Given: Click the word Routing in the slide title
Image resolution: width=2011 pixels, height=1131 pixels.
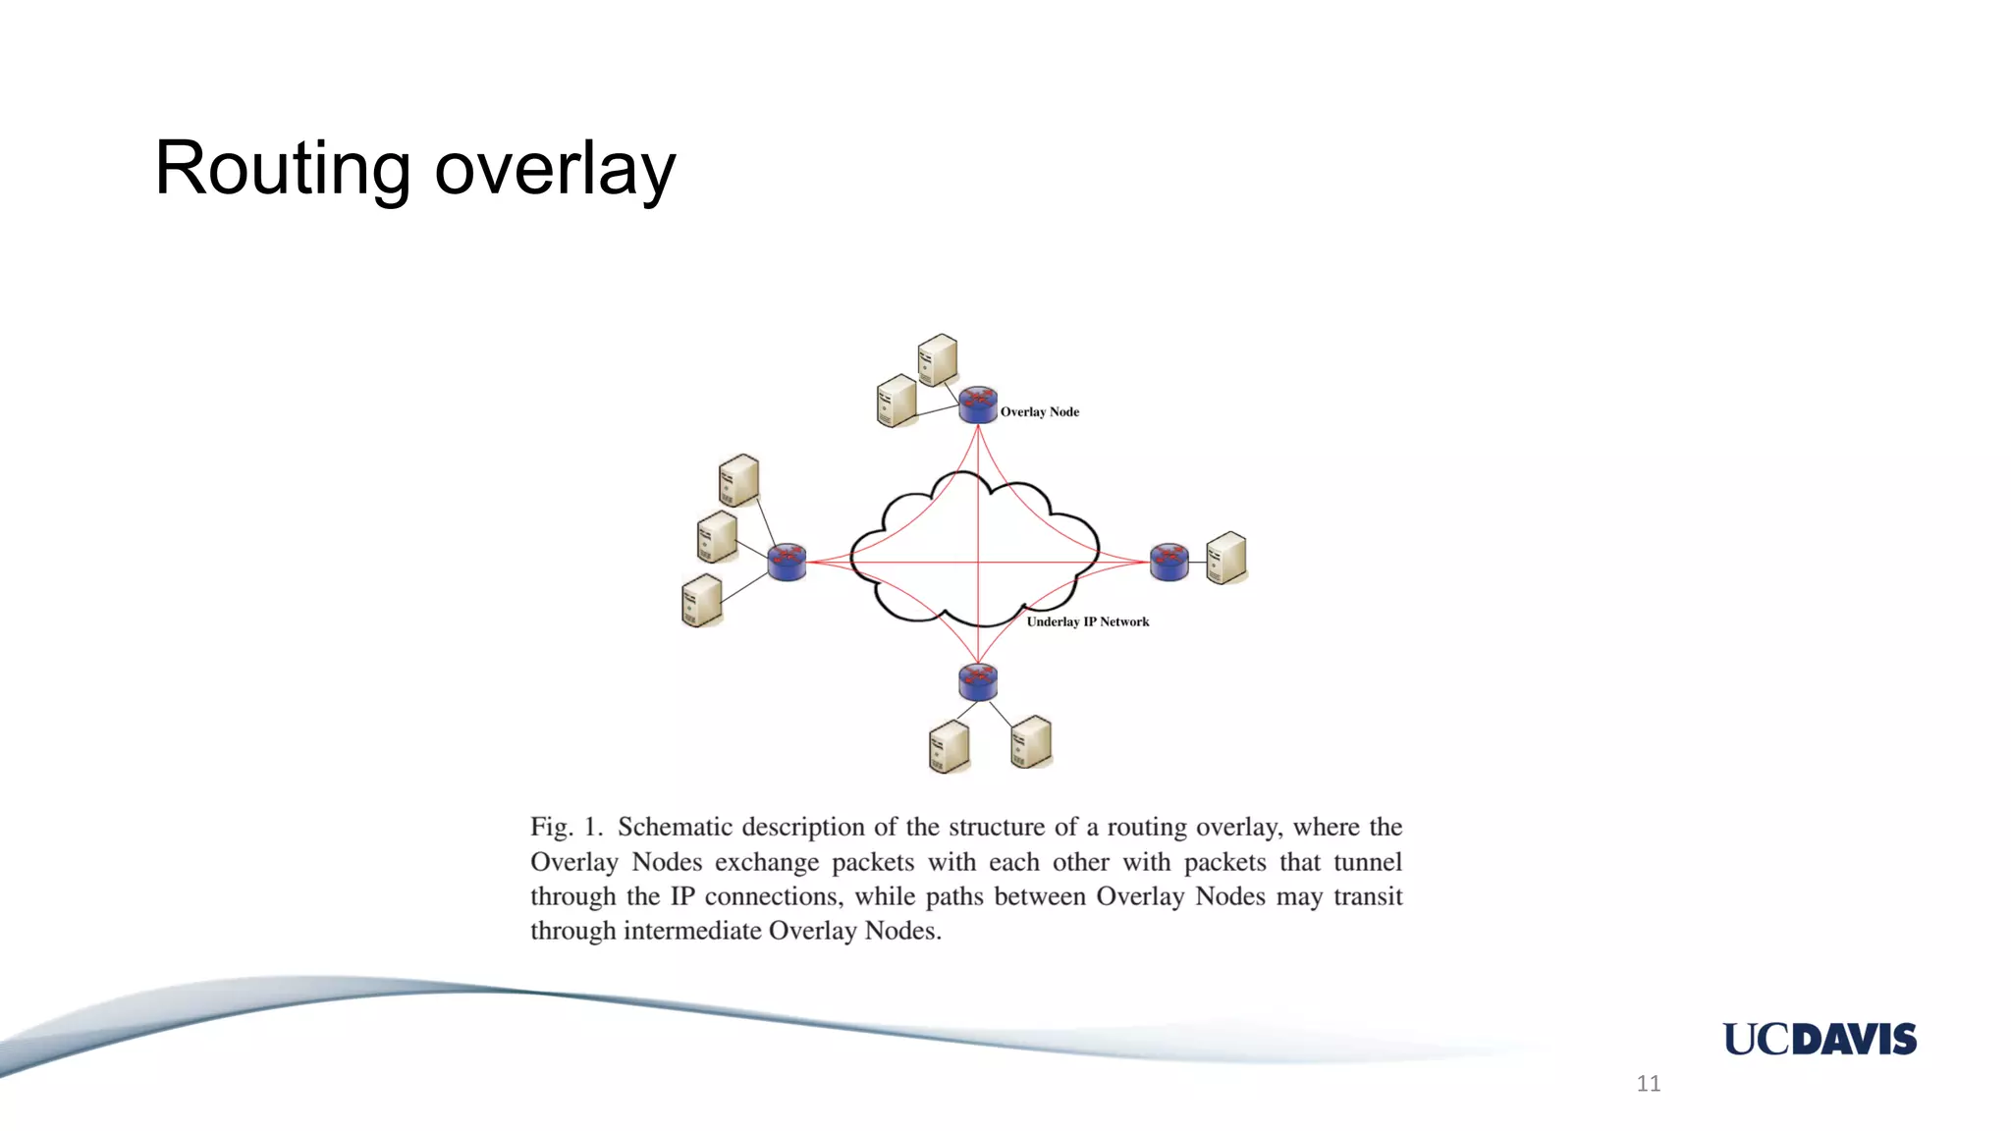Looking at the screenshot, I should click(283, 169).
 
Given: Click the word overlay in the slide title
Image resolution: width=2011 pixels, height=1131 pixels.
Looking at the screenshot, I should click(555, 169).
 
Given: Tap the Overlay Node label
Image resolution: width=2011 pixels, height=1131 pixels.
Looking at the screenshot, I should click(1039, 412).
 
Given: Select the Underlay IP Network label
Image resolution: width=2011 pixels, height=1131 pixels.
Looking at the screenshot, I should click(1087, 621).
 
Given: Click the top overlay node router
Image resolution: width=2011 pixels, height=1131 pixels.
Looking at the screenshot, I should click(978, 404).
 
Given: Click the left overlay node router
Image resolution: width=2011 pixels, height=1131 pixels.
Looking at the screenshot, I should click(787, 562).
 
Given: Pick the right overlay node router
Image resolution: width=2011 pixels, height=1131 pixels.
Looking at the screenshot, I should click(1169, 562).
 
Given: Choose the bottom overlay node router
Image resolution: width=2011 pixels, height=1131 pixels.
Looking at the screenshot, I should click(978, 680).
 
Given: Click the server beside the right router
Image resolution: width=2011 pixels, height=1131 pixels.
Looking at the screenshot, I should click(1225, 558).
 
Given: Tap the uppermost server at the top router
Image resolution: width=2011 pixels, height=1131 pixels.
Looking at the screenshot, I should click(938, 359).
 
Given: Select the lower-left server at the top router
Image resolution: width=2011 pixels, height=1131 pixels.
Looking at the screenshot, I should click(897, 401).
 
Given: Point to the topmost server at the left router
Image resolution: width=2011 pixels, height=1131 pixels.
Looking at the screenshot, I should click(738, 480).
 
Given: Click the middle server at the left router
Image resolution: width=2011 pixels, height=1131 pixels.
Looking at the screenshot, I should click(717, 537).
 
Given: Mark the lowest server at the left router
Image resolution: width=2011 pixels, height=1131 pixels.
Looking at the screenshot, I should click(701, 600).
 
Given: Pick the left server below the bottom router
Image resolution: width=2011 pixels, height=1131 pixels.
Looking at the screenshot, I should click(949, 746).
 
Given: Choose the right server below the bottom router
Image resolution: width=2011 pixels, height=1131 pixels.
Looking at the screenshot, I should click(1031, 741).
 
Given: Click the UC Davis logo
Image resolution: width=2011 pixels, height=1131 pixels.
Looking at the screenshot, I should click(1820, 1039).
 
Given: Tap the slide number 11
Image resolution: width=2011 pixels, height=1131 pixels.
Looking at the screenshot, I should click(1649, 1083).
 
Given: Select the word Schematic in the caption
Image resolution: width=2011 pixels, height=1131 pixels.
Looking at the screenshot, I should click(674, 827).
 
